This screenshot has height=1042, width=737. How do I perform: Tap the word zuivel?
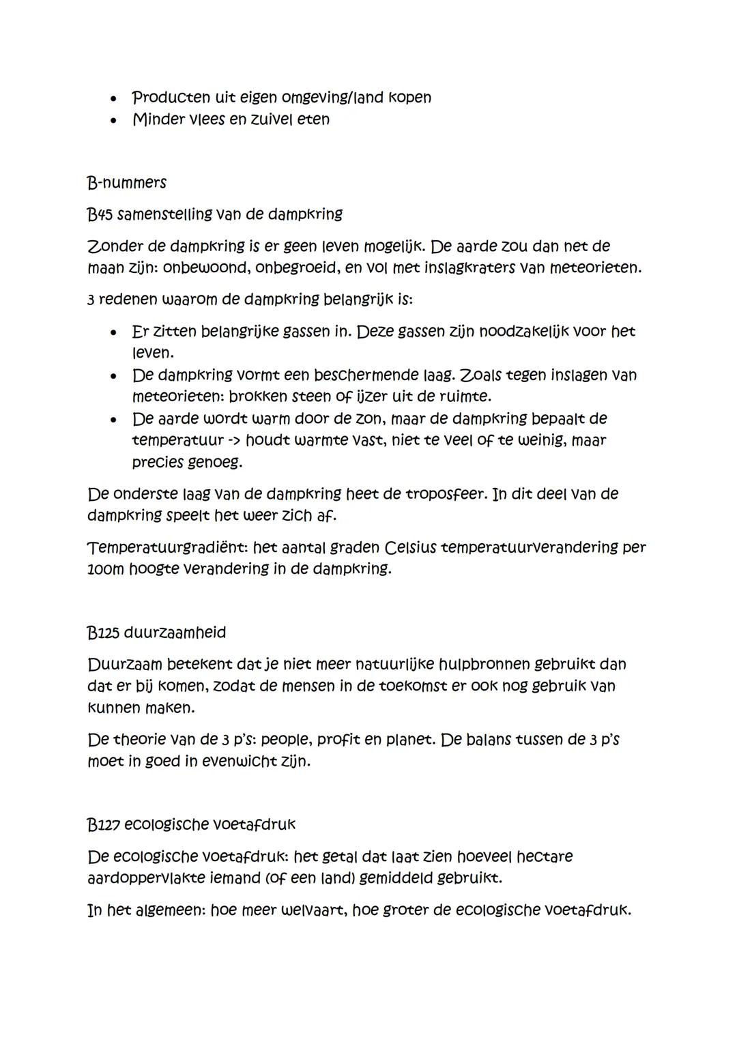pyautogui.click(x=257, y=119)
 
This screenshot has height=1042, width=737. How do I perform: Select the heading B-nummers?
pyautogui.click(x=127, y=183)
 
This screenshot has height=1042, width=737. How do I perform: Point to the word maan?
pyautogui.click(x=104, y=267)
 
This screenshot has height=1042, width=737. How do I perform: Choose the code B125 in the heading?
pyautogui.click(x=103, y=633)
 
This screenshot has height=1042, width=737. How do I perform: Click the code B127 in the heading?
pyautogui.click(x=103, y=824)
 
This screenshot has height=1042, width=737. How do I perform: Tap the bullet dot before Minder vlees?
pyautogui.click(x=109, y=120)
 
